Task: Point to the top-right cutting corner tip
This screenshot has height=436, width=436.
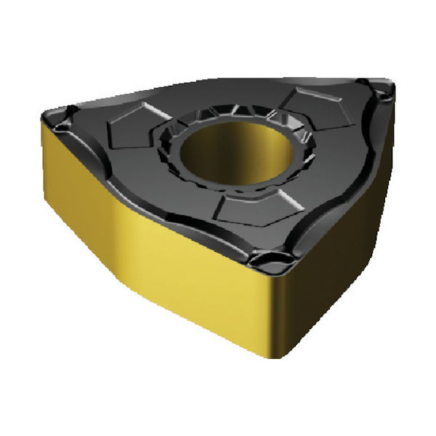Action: tap(389, 87)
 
